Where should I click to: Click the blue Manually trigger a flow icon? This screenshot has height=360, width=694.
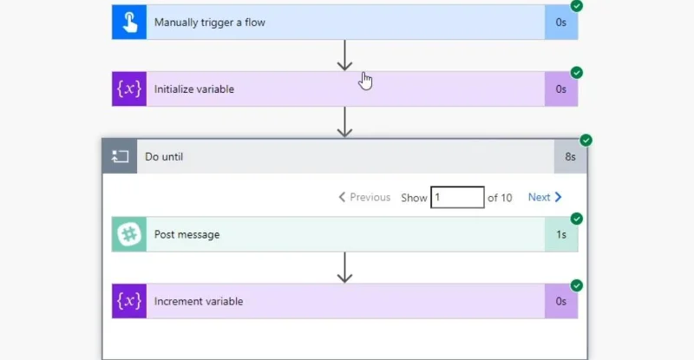(129, 23)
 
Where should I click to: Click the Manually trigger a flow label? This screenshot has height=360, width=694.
(209, 23)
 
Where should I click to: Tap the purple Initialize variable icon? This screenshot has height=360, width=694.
(129, 89)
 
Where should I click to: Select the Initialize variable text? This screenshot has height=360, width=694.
(193, 89)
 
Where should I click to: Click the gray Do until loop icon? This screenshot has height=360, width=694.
(120, 156)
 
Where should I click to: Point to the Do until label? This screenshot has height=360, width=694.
(164, 157)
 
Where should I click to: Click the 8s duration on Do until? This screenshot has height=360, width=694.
(571, 157)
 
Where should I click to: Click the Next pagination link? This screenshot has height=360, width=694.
(545, 197)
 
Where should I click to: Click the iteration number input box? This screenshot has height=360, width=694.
(457, 197)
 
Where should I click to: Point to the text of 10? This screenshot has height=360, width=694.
(500, 198)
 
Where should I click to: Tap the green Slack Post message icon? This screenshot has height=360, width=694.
(129, 234)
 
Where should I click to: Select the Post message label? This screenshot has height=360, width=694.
(187, 235)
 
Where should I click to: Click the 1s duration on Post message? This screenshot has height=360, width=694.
(561, 235)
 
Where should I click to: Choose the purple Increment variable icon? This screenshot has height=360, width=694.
(129, 301)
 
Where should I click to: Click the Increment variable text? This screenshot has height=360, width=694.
(199, 301)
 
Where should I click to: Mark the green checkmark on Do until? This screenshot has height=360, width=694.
(586, 141)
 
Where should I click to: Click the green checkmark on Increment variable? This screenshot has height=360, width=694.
(577, 285)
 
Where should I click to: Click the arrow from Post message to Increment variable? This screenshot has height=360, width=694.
(344, 267)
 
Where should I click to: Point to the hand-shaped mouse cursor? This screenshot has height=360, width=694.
(366, 81)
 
